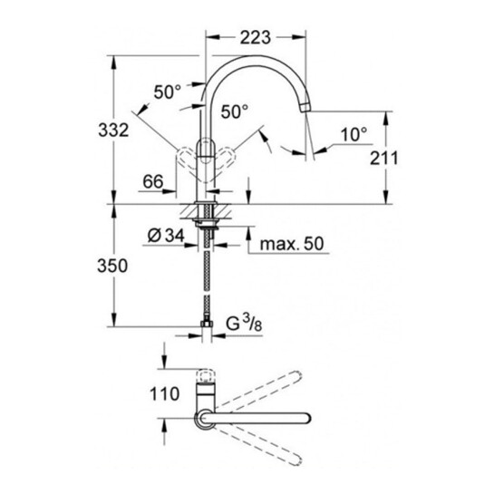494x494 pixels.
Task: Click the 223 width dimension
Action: tap(256, 38)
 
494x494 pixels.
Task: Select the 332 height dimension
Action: tap(113, 130)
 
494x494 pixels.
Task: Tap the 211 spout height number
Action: tap(384, 158)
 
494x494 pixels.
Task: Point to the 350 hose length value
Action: tap(112, 266)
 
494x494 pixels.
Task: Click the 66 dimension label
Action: tap(153, 182)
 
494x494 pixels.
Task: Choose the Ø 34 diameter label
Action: tap(166, 236)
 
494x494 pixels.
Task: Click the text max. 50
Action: tap(292, 244)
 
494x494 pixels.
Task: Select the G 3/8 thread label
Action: tap(244, 324)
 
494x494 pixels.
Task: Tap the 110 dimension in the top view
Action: tap(164, 393)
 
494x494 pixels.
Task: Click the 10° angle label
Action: tap(354, 134)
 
